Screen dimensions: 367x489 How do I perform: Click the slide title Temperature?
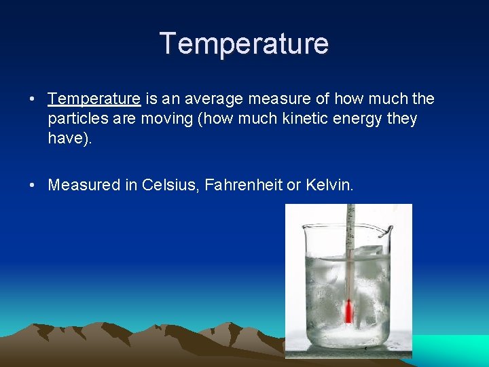point(244,43)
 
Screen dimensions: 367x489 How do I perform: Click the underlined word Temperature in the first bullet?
point(94,99)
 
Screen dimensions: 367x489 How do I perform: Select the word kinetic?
point(300,119)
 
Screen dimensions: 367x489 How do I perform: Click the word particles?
point(74,119)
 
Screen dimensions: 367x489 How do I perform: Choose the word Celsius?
point(168,185)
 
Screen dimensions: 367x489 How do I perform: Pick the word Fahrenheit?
point(241,185)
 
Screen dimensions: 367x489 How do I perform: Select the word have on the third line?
point(65,139)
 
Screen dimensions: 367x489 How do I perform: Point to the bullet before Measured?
point(33,185)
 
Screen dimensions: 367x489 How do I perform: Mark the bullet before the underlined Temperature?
point(33,99)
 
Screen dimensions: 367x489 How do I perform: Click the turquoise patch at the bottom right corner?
point(455,350)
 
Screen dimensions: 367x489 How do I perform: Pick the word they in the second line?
point(401,119)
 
